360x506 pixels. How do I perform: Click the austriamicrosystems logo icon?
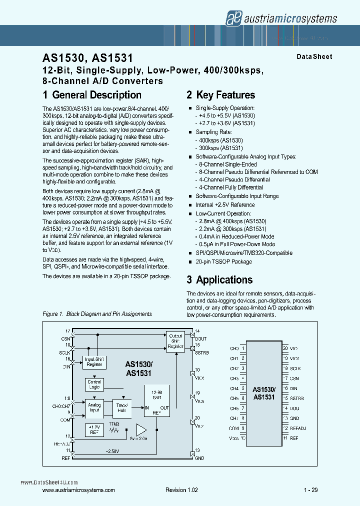[x=232, y=18]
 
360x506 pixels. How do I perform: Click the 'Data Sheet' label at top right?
[x=314, y=56]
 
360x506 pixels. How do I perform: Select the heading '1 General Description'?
[x=92, y=95]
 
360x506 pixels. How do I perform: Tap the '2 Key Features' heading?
[x=220, y=95]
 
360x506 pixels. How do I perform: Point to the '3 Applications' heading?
[x=219, y=280]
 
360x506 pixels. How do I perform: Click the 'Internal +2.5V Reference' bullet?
[x=225, y=205]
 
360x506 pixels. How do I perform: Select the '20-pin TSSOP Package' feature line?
[x=223, y=261]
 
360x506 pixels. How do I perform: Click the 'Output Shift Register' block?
[x=175, y=340]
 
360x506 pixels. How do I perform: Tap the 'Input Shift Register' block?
[x=94, y=361]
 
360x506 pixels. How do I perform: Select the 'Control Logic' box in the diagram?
[x=94, y=384]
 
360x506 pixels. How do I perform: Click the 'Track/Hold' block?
[x=121, y=408]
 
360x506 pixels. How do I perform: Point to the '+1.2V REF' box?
[x=94, y=429]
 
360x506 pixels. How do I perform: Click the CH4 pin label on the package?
[x=234, y=388]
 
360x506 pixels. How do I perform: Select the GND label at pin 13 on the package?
[x=294, y=418]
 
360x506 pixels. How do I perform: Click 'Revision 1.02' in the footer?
[x=181, y=490]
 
